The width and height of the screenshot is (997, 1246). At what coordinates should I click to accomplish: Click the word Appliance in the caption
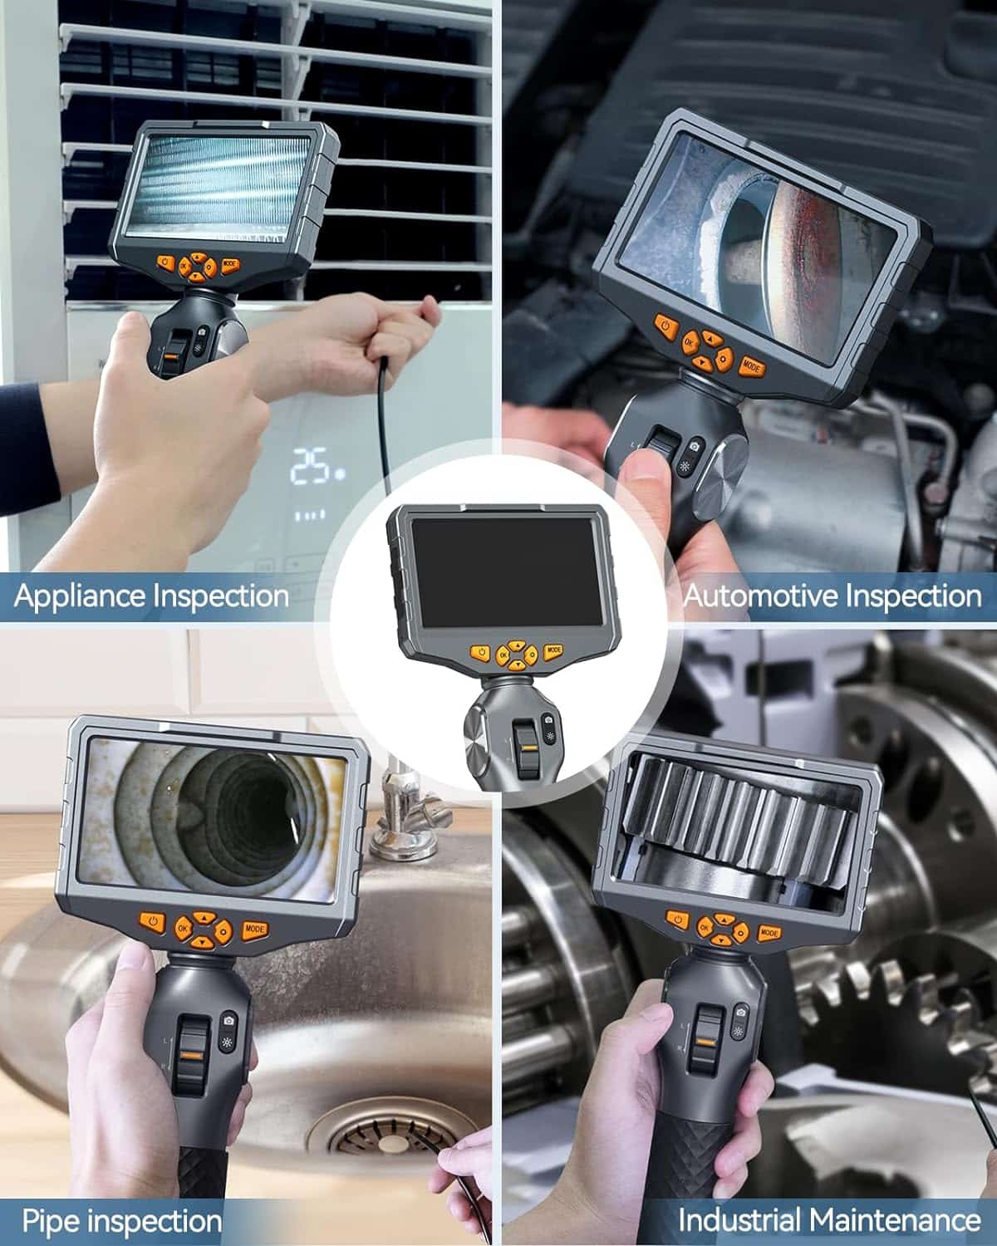81,596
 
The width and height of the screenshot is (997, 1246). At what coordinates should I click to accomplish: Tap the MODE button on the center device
553,650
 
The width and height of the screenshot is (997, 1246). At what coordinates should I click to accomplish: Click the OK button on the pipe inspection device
183,928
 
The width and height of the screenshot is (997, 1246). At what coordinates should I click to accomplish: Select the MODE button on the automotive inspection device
751,366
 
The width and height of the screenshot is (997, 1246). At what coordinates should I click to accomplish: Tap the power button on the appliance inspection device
165,263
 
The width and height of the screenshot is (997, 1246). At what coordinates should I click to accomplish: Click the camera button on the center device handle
548,719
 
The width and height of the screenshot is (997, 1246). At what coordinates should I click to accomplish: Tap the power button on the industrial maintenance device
677,920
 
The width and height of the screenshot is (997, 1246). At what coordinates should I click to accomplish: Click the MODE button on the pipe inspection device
254,930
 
